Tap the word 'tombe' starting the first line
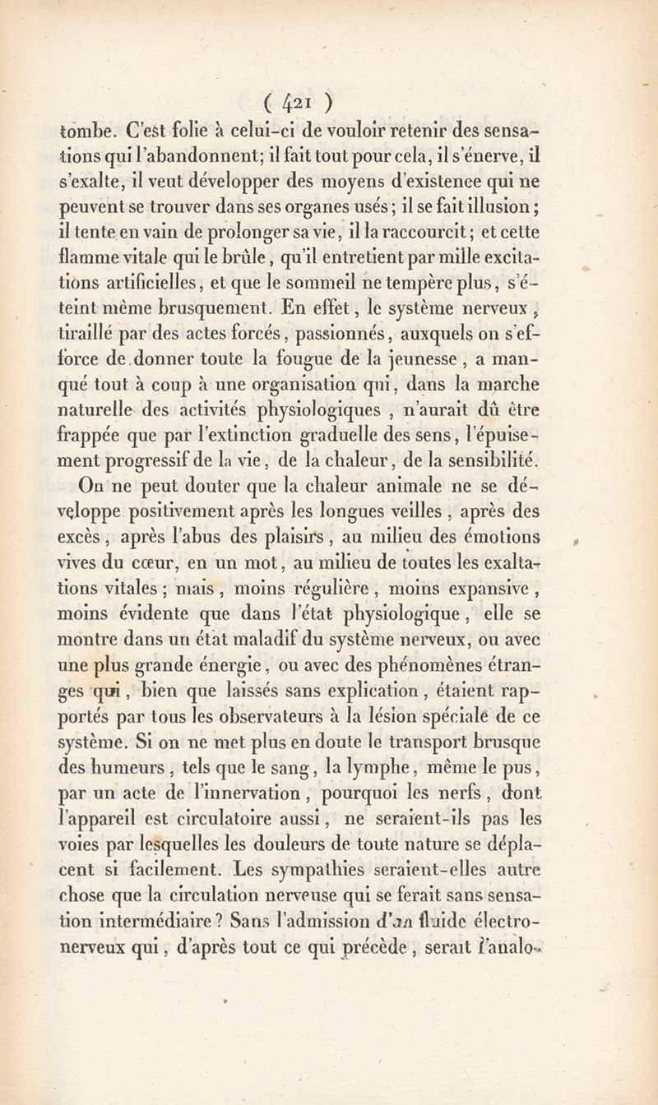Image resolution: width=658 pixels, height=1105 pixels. (86, 130)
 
